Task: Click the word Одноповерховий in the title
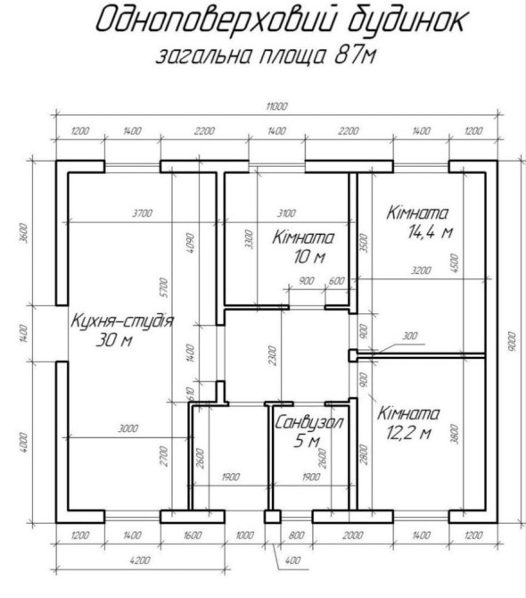click(x=216, y=20)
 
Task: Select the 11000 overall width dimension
click(x=277, y=106)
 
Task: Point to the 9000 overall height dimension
click(x=512, y=342)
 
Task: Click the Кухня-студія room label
click(x=122, y=320)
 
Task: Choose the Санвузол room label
click(x=308, y=422)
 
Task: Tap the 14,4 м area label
click(x=431, y=231)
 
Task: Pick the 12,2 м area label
click(x=408, y=433)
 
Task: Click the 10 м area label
click(x=309, y=257)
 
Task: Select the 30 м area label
click(x=114, y=339)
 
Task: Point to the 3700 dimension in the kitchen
click(x=143, y=213)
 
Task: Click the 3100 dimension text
click(x=286, y=213)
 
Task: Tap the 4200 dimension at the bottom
click(x=140, y=561)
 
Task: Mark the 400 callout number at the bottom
click(x=292, y=561)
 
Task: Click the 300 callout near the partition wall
click(x=410, y=336)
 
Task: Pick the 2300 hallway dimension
click(x=272, y=355)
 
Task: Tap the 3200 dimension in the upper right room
click(x=422, y=270)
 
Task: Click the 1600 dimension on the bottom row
click(x=193, y=535)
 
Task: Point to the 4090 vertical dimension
click(x=190, y=243)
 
